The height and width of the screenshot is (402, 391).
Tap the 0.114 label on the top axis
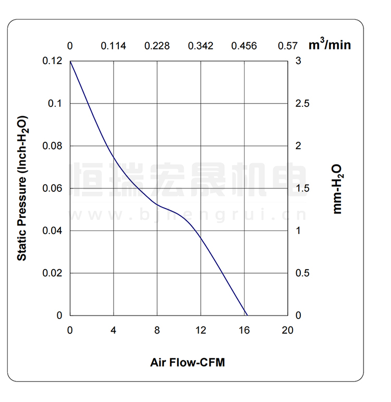point(114,46)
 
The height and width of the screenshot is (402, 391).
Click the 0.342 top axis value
point(201,46)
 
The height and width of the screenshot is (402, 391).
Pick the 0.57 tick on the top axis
point(288,46)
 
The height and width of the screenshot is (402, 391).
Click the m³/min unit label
point(329,44)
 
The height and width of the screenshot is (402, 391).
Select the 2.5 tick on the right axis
point(302,103)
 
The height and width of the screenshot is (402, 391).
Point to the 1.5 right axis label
point(302,188)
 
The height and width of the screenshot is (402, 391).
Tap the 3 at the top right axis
point(298,61)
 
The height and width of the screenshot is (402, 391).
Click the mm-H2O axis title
point(337,188)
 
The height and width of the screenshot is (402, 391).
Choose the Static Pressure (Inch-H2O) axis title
point(22,188)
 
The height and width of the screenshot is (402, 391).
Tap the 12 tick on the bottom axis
point(201,330)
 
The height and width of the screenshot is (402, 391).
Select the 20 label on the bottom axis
point(287,330)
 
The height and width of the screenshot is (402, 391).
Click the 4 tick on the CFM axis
point(114,330)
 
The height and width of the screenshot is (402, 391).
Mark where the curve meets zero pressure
point(247,315)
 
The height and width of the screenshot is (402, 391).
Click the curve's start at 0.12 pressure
point(70,62)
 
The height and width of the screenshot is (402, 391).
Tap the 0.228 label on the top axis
point(157,46)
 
